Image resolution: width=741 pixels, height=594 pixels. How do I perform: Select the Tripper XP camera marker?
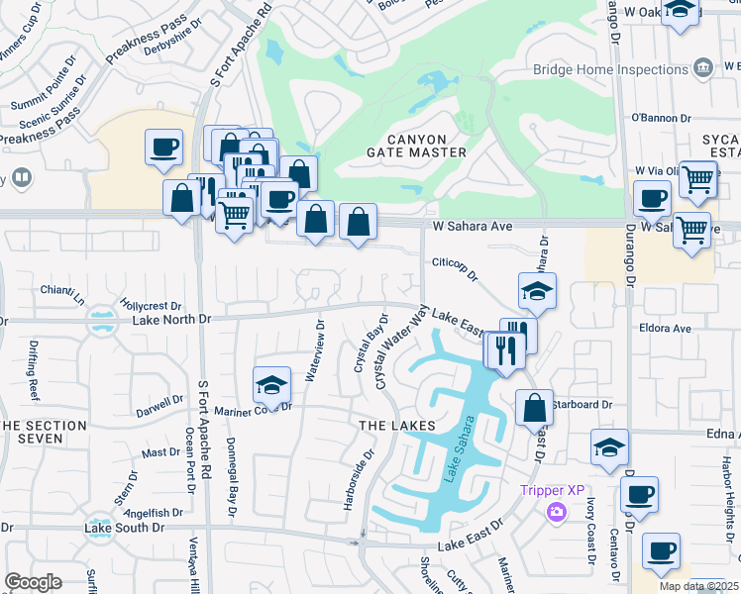[556, 511]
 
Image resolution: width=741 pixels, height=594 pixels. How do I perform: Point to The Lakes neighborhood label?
[396, 426]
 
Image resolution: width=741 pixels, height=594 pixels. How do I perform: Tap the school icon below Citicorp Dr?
[537, 291]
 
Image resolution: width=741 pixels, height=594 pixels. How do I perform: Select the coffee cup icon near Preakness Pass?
[163, 148]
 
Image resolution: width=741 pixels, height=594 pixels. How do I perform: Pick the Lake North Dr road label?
[171, 320]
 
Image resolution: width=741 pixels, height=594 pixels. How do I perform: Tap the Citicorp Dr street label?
[455, 264]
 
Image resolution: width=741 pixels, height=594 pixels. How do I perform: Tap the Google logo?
[33, 581]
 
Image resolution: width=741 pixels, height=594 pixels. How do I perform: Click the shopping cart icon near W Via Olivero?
[697, 178]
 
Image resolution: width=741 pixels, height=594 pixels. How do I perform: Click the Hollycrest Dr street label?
[151, 306]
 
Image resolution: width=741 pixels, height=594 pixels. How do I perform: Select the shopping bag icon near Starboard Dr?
[534, 407]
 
